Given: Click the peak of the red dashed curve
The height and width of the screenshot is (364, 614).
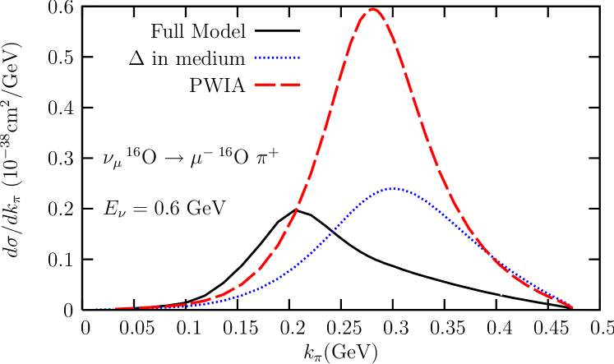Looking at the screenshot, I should coord(373,9).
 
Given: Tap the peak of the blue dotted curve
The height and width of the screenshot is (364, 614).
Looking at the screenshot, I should coord(394,189).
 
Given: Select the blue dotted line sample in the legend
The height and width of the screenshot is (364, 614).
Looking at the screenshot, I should coord(277,58).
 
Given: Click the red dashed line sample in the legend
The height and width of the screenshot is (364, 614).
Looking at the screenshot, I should coord(277,85).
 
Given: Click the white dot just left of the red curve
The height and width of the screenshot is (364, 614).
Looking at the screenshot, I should coord(245,272).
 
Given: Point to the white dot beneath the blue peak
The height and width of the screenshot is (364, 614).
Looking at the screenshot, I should coord(366,261).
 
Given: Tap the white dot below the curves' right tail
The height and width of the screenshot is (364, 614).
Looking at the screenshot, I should coord(501,293).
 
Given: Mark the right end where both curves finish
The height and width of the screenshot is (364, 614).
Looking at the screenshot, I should coord(572,307).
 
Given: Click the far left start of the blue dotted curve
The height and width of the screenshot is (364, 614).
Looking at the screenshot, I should coord(95,309).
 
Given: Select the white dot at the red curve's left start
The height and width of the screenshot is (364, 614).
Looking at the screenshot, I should coord(113,308).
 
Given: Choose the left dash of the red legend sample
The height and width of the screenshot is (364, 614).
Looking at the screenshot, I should coord(264,85).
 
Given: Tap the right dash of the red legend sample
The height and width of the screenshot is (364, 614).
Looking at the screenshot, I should coord(291,85).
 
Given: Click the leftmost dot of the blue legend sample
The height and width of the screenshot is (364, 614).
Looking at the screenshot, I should coord(256,58).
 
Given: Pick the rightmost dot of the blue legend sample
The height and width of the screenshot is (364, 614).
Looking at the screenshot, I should coord(299,58).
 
